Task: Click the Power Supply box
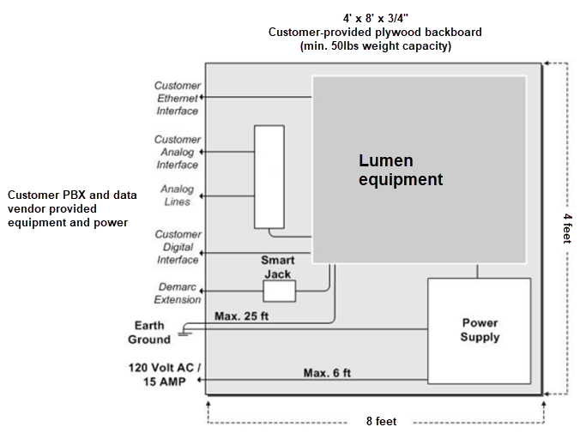pyautogui.click(x=480, y=330)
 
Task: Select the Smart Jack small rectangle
pyautogui.click(x=279, y=292)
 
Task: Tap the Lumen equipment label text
pyautogui.click(x=400, y=170)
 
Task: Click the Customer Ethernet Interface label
pyautogui.click(x=178, y=98)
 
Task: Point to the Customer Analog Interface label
pyautogui.click(x=177, y=152)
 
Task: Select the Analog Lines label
pyautogui.click(x=178, y=195)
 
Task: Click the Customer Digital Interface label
pyautogui.click(x=178, y=246)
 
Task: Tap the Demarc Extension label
pyautogui.click(x=178, y=293)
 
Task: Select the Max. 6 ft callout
pyautogui.click(x=327, y=373)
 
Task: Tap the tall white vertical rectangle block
pyautogui.click(x=269, y=177)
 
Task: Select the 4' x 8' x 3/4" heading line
pyautogui.click(x=375, y=17)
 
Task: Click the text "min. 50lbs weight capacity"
pyautogui.click(x=375, y=46)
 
